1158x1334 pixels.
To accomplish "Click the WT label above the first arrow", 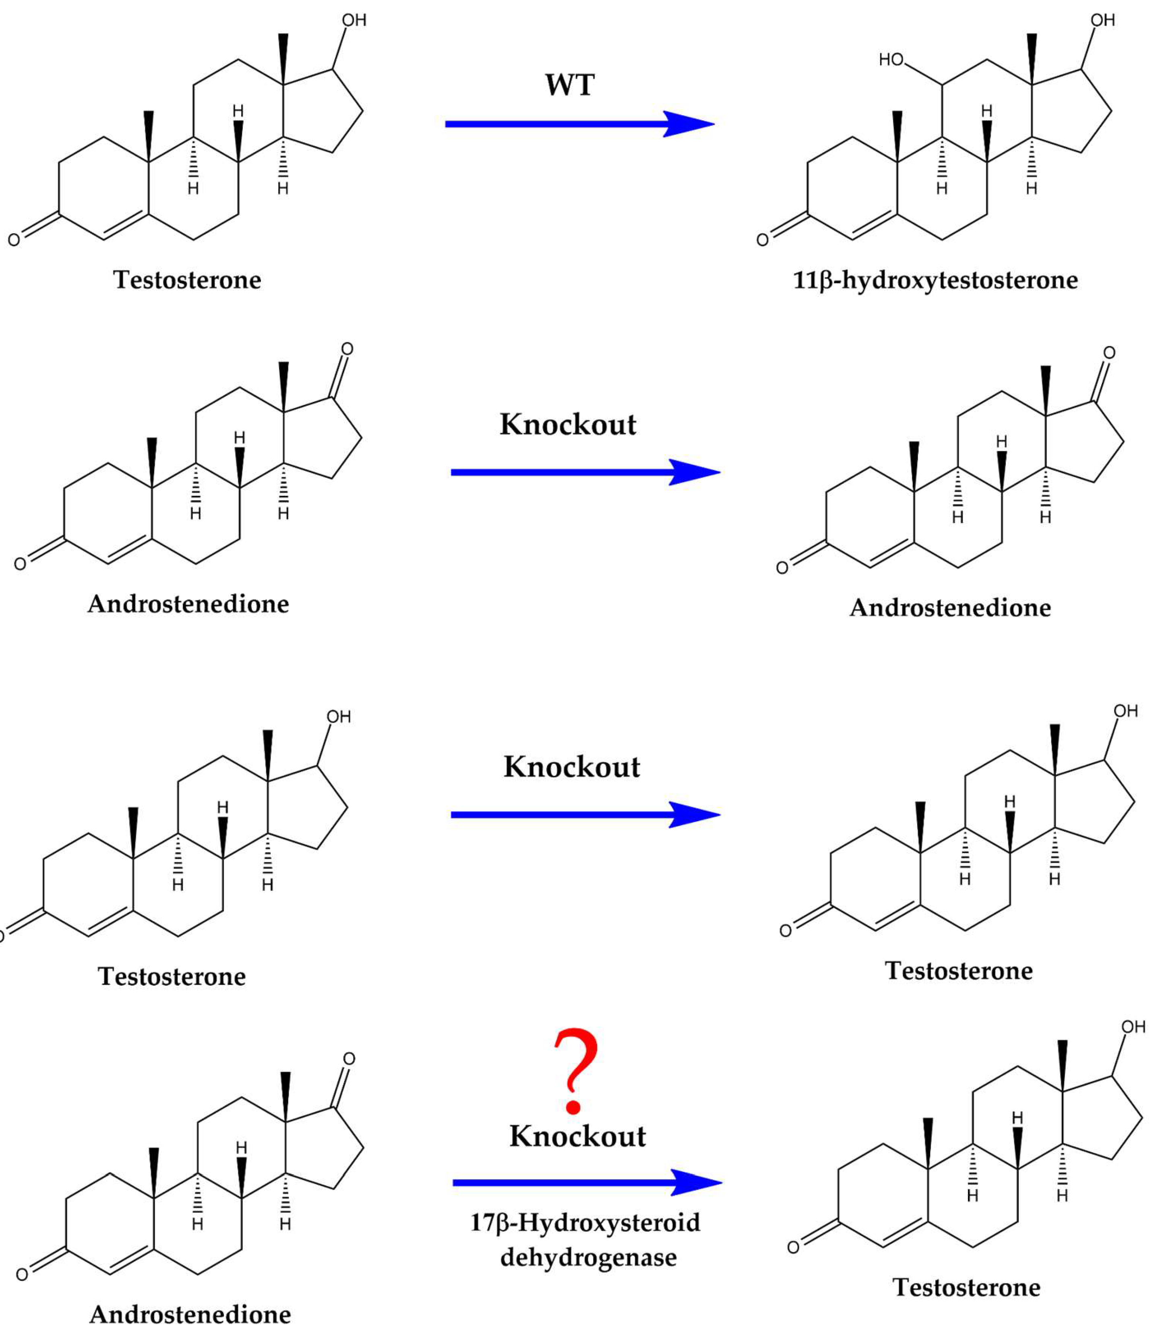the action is point(569,85).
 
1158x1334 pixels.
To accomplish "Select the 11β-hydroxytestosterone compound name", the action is point(935,280).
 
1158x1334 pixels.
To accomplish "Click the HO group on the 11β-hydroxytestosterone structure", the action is point(891,60).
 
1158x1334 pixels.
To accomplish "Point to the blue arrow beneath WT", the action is point(580,123).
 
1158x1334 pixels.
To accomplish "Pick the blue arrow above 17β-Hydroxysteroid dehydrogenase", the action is point(587,1183).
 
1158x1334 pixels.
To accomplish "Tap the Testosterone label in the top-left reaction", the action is point(187,280).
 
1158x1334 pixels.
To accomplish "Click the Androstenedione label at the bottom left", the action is point(190,1314).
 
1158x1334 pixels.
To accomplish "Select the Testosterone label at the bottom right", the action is point(967,1287).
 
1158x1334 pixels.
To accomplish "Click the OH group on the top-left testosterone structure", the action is point(354,20).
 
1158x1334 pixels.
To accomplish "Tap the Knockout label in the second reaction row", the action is point(568,425).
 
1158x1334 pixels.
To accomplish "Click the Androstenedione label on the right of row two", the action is point(950,607).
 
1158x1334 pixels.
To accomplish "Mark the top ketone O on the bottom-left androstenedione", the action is point(349,1058).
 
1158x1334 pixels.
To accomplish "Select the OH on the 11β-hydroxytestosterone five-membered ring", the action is point(1103,20).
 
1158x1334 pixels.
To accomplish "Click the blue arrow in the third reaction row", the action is point(585,814).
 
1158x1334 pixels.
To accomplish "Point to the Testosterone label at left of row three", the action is point(172,976).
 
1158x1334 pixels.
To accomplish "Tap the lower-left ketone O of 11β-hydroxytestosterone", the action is point(763,240).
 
